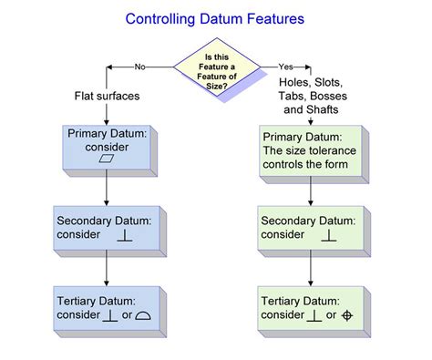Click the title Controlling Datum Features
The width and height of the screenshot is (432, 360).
coord(216,17)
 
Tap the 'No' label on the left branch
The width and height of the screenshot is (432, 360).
coord(139,67)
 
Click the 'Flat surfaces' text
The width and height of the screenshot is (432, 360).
coord(108,95)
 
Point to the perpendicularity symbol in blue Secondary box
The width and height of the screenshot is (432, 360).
coord(125,236)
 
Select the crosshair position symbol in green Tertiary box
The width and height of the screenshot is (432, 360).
coord(346,315)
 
